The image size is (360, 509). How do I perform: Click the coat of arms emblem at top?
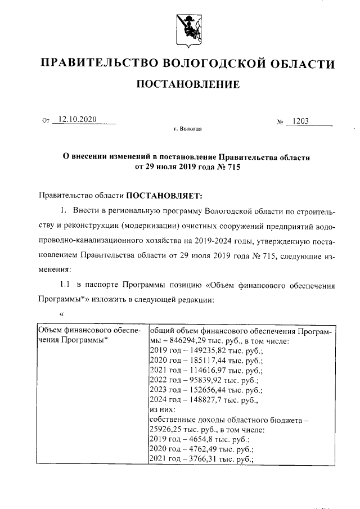[x=188, y=29]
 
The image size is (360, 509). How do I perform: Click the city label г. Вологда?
[x=188, y=129]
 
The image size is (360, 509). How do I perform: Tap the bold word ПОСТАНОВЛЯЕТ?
[x=163, y=196]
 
